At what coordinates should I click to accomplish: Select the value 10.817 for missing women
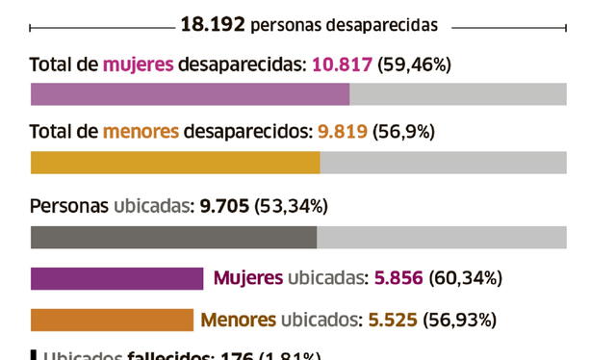click(x=342, y=65)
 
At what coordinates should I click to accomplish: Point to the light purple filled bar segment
click(x=190, y=93)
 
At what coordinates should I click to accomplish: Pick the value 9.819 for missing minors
click(x=337, y=132)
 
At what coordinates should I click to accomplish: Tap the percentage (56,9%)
click(x=403, y=132)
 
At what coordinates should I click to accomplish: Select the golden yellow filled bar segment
click(x=175, y=162)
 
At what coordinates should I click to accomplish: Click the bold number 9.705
click(x=224, y=206)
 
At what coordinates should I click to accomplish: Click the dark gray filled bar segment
click(x=173, y=237)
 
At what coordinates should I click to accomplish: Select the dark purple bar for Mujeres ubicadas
click(x=116, y=278)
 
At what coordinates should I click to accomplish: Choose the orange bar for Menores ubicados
click(x=112, y=320)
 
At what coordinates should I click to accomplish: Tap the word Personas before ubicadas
click(x=69, y=206)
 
